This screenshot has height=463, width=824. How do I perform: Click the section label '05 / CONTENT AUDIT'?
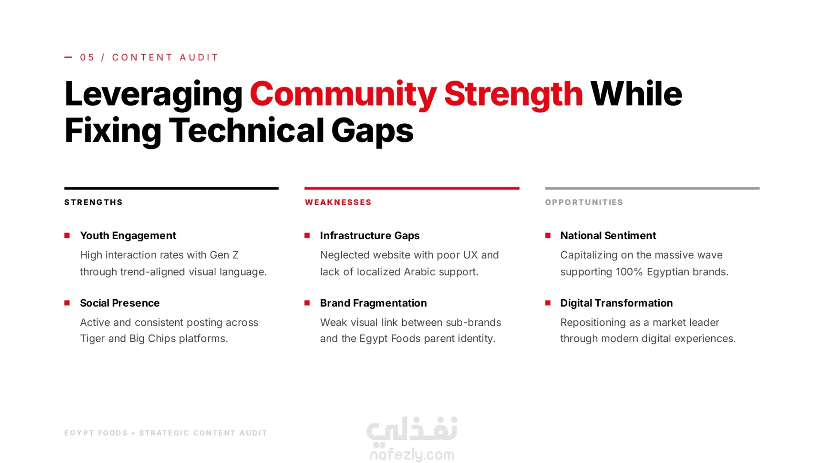coord(149,57)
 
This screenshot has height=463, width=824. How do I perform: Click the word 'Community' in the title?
coord(343,95)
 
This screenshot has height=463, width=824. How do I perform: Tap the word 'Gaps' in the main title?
coord(372,131)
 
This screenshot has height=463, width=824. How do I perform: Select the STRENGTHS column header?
coord(94,202)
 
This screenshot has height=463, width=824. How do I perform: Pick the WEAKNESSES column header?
coord(338,202)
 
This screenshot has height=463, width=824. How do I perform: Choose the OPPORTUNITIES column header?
coord(584,202)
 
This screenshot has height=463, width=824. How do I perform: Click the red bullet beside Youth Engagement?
coord(67,235)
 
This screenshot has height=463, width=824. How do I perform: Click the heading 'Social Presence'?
coord(120,303)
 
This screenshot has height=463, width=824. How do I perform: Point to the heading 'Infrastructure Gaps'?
coord(370,235)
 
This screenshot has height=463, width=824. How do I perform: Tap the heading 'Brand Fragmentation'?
coord(373,303)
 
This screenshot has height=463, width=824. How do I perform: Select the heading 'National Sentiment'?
coord(608,235)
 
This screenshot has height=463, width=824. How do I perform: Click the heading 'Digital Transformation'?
coord(616,303)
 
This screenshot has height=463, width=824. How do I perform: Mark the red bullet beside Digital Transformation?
coord(548,303)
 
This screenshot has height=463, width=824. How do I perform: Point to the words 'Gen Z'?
coord(224,255)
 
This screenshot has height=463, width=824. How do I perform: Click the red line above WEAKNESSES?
coord(412,188)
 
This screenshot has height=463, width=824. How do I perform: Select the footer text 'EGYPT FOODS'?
coord(96,433)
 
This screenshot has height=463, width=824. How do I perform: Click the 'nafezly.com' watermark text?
coord(412,454)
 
